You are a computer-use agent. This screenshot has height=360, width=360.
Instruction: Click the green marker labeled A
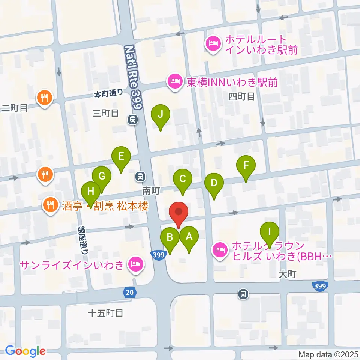click(189, 237)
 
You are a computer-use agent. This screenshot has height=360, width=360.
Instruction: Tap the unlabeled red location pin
click(179, 213)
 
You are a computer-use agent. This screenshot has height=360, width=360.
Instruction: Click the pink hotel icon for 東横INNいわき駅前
click(175, 81)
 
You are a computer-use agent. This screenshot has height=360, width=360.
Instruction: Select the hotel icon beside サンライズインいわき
click(135, 265)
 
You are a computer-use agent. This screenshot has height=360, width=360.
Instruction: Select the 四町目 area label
click(241, 97)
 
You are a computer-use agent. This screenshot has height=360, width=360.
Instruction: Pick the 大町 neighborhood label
click(288, 274)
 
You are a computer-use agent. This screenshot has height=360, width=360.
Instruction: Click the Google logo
click(25, 351)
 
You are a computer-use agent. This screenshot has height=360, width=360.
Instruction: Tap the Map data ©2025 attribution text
click(328, 354)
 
